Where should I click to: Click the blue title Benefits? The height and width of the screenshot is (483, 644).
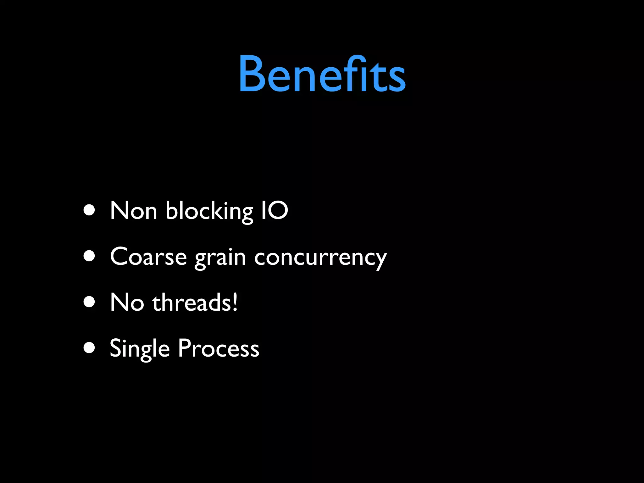(322, 75)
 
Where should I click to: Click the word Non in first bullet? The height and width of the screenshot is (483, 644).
(133, 211)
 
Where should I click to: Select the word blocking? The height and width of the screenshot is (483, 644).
(209, 211)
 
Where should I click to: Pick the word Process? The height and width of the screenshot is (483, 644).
(219, 348)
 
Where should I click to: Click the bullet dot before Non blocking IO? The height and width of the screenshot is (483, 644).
(90, 211)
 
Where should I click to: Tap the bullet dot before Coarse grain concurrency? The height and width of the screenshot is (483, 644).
(90, 256)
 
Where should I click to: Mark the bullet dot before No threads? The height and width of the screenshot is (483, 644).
(90, 302)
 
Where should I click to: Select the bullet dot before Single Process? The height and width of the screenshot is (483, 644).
(90, 348)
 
